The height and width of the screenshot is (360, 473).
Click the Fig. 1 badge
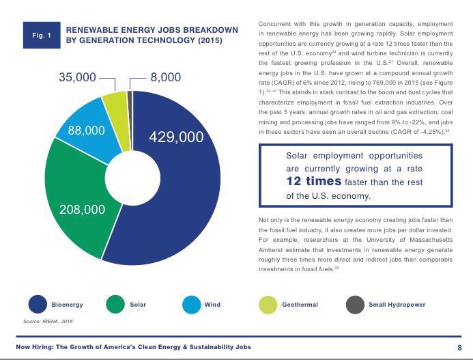click(38, 35)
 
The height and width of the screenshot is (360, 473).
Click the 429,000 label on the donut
click(176, 137)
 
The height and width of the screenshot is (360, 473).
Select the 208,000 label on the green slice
click(83, 209)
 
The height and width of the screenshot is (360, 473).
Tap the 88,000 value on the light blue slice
click(86, 130)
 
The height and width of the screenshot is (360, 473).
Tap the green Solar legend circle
click(116, 304)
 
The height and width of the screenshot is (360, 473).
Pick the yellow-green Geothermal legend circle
click(268, 304)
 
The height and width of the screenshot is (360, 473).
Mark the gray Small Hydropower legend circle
click(354, 304)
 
